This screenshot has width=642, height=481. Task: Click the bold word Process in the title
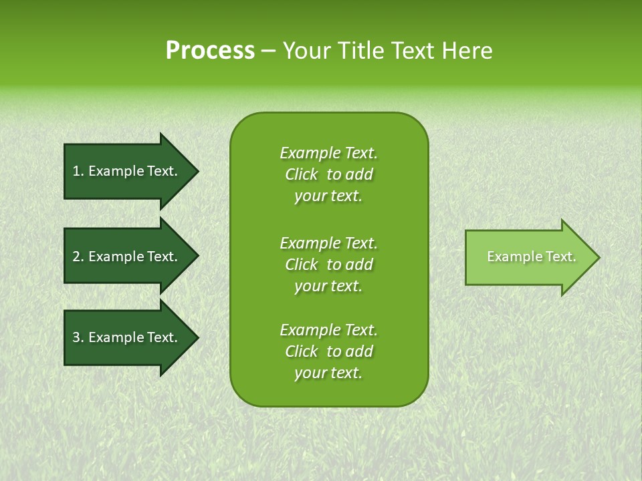click(210, 51)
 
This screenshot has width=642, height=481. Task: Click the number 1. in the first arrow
click(78, 171)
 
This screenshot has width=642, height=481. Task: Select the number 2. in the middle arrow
click(78, 257)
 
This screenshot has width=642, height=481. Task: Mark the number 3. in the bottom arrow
click(78, 337)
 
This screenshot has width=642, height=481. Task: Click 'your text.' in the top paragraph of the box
click(328, 196)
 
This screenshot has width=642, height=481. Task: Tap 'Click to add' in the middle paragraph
click(328, 265)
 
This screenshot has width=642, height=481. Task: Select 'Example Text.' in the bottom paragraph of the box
click(328, 330)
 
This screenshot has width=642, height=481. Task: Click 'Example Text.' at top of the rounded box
click(328, 153)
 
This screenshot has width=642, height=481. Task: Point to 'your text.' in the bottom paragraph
click(328, 373)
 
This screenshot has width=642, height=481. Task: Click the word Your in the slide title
click(307, 51)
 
